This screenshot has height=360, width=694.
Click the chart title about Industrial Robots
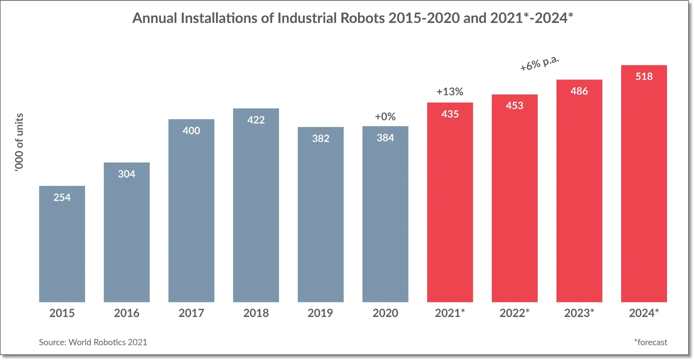pyautogui.click(x=352, y=18)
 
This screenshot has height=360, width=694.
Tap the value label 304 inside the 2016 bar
pyautogui.click(x=127, y=174)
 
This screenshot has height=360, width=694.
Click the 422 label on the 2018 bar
pyautogui.click(x=256, y=120)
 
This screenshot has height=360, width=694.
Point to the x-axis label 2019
pyautogui.click(x=320, y=313)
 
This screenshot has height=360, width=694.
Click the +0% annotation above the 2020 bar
pyautogui.click(x=385, y=116)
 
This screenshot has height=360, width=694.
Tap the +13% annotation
pyautogui.click(x=450, y=91)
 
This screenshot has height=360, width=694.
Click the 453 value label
pyautogui.click(x=514, y=106)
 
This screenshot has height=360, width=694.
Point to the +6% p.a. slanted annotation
pyautogui.click(x=539, y=64)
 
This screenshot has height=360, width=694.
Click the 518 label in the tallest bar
pyautogui.click(x=644, y=76)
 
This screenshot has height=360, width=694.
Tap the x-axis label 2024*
pyautogui.click(x=644, y=313)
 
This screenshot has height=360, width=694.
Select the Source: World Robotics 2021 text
pyautogui.click(x=93, y=342)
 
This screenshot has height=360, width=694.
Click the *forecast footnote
pyautogui.click(x=650, y=342)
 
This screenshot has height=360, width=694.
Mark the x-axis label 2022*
pyautogui.click(x=514, y=313)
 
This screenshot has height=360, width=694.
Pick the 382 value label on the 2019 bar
pyautogui.click(x=321, y=138)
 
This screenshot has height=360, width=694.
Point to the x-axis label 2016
pyautogui.click(x=127, y=313)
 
